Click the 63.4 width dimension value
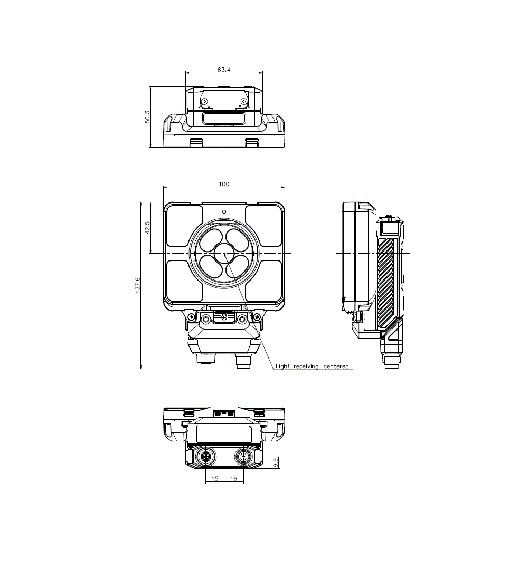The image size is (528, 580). tap(224, 70)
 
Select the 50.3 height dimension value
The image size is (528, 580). tap(147, 117)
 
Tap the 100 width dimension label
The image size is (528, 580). tap(224, 184)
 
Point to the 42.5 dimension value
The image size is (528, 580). tap(147, 227)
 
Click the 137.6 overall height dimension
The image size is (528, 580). tap(138, 285)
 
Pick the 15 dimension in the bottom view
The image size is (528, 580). tap(214, 478)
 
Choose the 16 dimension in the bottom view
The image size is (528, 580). tap(233, 478)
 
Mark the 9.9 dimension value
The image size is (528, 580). tap(275, 462)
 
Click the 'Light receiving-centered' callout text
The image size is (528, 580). tap(312, 366)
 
